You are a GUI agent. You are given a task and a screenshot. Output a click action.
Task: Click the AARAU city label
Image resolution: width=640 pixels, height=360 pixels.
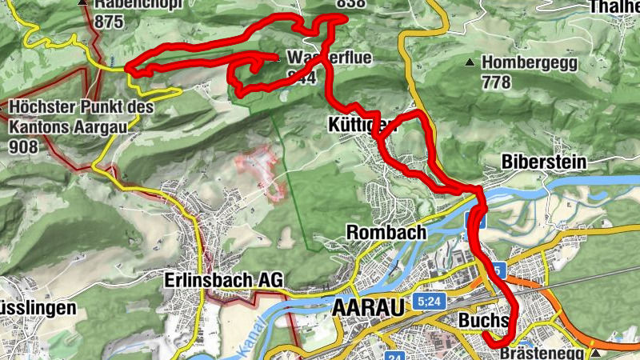366,307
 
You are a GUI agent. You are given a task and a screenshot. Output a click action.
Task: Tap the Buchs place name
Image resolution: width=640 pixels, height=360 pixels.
483,320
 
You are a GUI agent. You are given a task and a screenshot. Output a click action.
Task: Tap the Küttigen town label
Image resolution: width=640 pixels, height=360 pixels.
362,125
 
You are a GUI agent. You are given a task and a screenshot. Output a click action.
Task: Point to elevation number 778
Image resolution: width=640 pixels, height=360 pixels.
496,82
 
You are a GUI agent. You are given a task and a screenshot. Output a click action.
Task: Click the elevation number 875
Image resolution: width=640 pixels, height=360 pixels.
109,22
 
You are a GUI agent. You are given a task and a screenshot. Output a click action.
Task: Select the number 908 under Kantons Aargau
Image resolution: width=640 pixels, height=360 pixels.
26,146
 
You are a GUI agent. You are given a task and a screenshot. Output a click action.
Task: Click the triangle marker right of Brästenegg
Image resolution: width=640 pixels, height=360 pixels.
595,352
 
